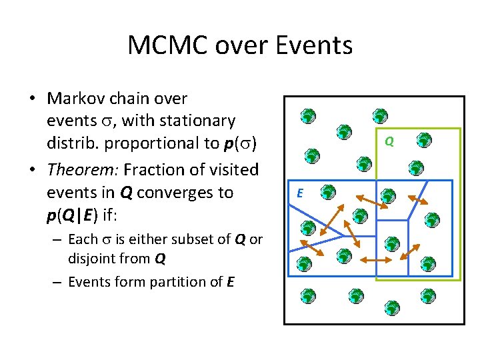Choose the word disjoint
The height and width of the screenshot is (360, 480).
pyautogui.click(x=89, y=258)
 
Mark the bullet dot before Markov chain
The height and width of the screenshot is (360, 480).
pyautogui.click(x=31, y=99)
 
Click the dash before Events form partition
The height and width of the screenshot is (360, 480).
pyautogui.click(x=58, y=281)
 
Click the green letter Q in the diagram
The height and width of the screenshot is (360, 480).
pyautogui.click(x=390, y=141)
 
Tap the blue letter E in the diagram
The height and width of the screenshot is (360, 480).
pyautogui.click(x=300, y=193)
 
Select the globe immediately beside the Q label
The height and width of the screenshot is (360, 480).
pyautogui.click(x=423, y=140)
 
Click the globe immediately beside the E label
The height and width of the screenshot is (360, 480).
pyautogui.click(x=327, y=193)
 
